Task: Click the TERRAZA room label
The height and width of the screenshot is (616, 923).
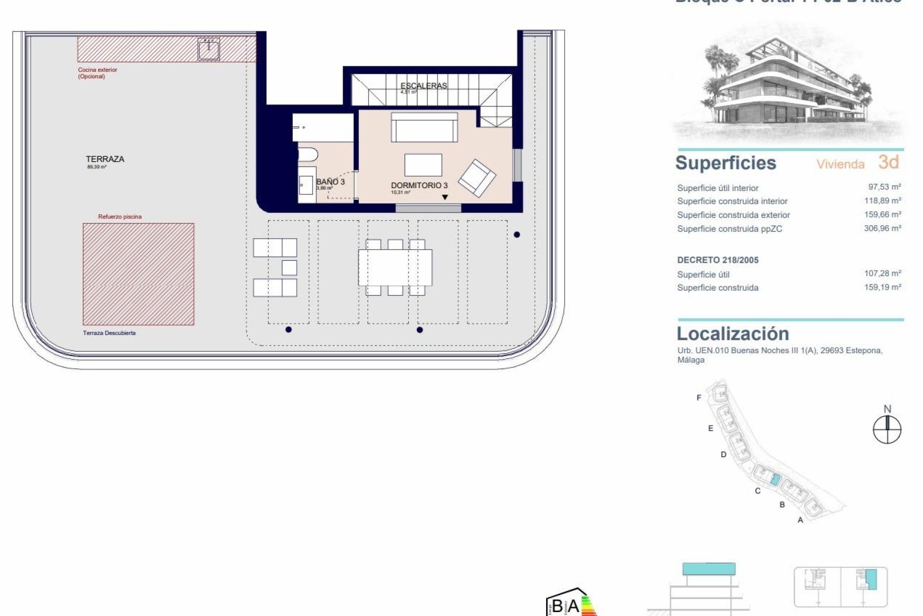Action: (x=105, y=159)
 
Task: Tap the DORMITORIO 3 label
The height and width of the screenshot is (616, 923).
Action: (x=419, y=185)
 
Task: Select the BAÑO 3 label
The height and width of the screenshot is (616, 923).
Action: (x=330, y=182)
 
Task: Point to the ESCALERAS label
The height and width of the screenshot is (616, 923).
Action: (x=424, y=86)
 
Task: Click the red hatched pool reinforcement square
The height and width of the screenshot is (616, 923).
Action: (x=138, y=274)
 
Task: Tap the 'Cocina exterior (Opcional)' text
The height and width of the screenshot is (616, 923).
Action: (x=98, y=73)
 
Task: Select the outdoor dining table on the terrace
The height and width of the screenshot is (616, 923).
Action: (x=395, y=267)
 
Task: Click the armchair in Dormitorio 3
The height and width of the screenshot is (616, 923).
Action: (x=477, y=178)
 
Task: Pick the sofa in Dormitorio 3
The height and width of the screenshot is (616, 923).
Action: (x=424, y=128)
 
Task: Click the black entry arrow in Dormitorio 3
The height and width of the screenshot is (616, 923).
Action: (x=445, y=197)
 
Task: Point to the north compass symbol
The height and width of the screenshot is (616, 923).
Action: (x=887, y=429)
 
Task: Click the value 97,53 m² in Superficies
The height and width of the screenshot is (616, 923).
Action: (x=882, y=187)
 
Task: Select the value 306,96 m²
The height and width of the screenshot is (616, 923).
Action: (x=882, y=228)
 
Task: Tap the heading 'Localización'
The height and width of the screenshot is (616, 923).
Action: (x=733, y=334)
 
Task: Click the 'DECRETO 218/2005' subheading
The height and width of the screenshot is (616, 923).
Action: (x=718, y=260)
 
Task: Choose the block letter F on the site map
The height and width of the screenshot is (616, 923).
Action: (x=699, y=398)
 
